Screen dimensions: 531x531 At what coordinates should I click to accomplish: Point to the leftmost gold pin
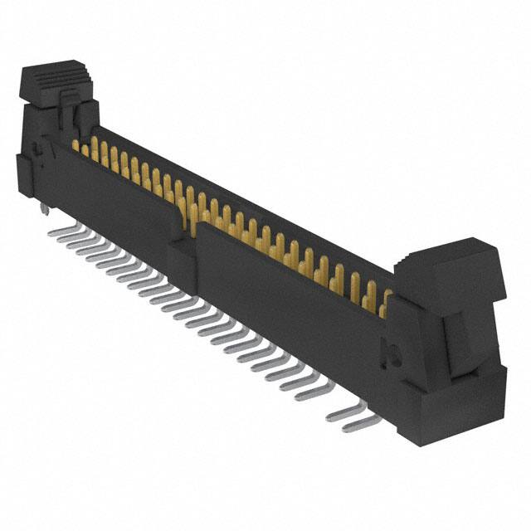(x=76, y=148)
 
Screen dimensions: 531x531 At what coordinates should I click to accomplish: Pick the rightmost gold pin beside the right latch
(x=385, y=304)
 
